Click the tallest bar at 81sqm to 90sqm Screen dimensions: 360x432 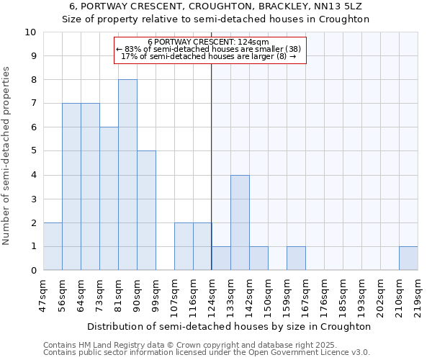pos(127,175)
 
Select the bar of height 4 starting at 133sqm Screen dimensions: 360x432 pos(240,222)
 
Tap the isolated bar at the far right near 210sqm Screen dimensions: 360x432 pos(408,258)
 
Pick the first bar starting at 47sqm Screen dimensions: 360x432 pos(53,246)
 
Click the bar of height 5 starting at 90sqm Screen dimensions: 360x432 pos(146,210)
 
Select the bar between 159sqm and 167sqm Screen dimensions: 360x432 pos(296,258)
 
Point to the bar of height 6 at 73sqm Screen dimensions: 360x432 pos(109,199)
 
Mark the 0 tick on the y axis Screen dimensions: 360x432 pos(33,270)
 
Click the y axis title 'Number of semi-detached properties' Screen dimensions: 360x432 pos(7,155)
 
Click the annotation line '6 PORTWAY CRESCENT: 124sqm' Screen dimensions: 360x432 pos(208,42)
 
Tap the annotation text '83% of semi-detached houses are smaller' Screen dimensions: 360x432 pos(208,49)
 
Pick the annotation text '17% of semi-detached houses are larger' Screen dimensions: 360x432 pos(208,56)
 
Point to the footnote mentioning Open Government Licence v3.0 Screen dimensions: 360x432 pos(207,353)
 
